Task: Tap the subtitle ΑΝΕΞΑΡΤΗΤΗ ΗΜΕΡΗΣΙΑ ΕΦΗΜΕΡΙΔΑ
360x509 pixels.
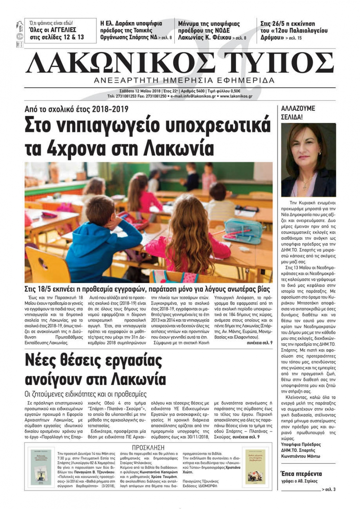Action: pyautogui.click(x=184, y=80)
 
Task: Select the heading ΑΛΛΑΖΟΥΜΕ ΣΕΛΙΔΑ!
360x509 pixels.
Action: pyautogui.click(x=298, y=113)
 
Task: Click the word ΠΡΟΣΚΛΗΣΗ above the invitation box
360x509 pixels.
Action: pyautogui.click(x=148, y=447)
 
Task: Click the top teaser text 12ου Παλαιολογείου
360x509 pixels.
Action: pyautogui.click(x=299, y=31)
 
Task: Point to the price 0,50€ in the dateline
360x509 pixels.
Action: pyautogui.click(x=234, y=91)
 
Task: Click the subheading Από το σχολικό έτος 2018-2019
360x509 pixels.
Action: pyautogui.click(x=76, y=109)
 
